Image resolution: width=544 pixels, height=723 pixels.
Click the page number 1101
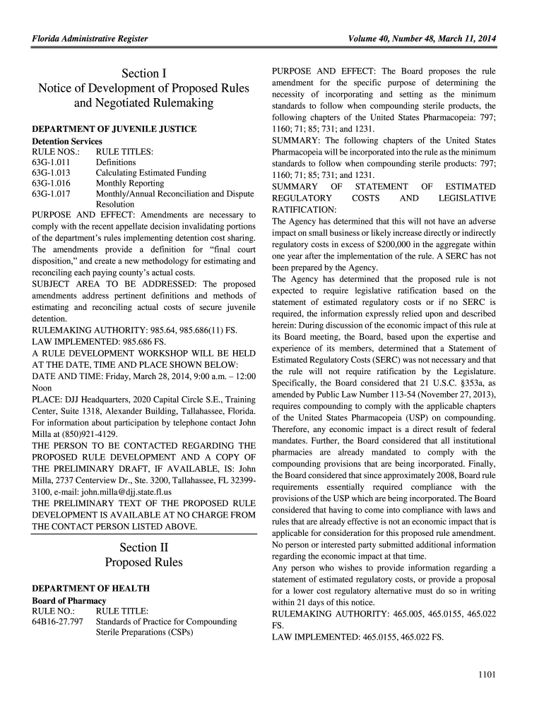click(487, 674)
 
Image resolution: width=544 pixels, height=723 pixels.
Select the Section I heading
click(144, 73)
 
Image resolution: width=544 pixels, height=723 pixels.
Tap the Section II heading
click(144, 547)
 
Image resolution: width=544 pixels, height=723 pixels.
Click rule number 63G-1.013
click(52, 173)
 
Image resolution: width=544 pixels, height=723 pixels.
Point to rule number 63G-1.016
click(52, 184)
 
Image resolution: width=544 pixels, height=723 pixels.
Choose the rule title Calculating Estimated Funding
click(151, 173)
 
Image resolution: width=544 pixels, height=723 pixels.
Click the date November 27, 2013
click(454, 394)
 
